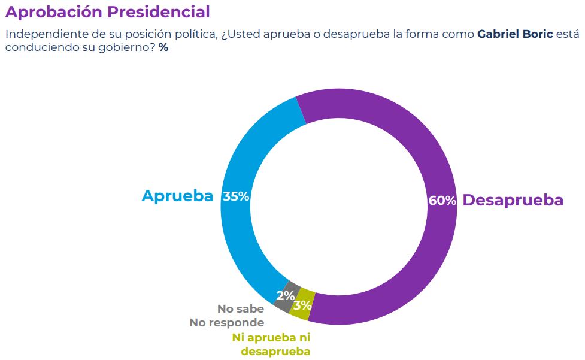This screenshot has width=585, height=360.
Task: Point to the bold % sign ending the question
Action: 163,47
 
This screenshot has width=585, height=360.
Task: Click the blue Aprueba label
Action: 177,196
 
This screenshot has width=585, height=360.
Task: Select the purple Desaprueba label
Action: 513,200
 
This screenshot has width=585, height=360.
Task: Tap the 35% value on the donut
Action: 236,196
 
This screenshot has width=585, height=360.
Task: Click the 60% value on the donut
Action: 442,201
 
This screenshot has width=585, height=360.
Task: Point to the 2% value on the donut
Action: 285,296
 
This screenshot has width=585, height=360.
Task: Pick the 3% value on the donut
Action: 302,305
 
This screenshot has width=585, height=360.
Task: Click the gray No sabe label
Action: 240,309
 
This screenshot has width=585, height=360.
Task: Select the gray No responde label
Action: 227,323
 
